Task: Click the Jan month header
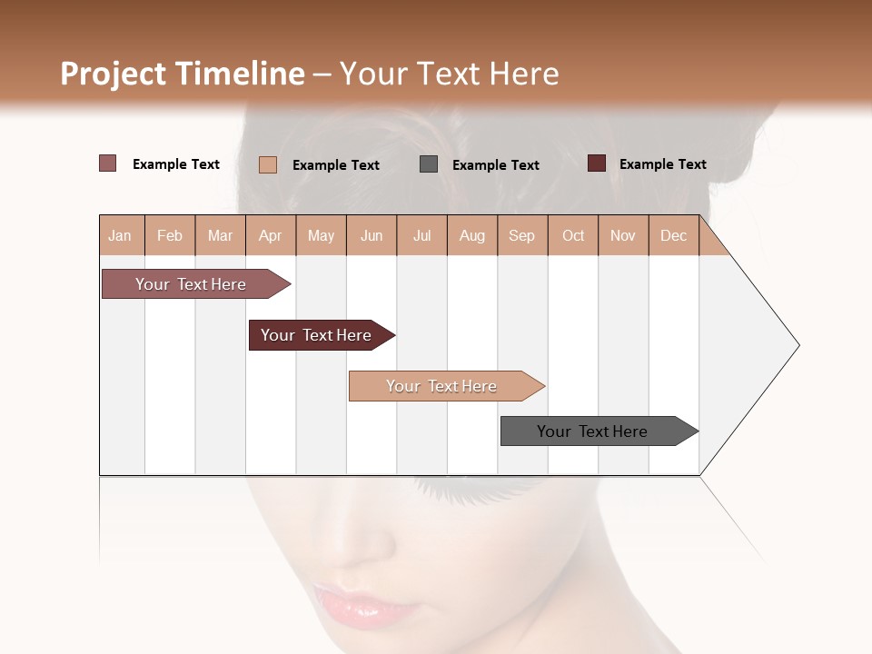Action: point(120,235)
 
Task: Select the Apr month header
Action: point(271,235)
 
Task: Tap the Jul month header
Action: point(421,235)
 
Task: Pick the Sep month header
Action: point(521,235)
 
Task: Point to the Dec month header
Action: point(673,235)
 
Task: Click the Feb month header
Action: point(170,235)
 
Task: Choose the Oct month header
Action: point(573,235)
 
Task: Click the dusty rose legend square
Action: point(107,163)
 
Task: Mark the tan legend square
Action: point(268,164)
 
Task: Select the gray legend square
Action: point(429,164)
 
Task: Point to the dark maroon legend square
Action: point(596,163)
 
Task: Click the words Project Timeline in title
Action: point(182,74)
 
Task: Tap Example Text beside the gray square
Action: point(495,165)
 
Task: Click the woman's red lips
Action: point(363,604)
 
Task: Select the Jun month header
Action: point(372,235)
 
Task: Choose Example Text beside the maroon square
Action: point(662,164)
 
